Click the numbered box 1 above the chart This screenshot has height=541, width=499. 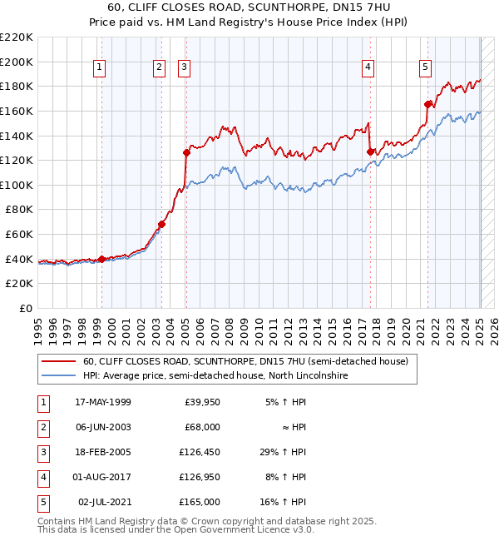[x=100, y=68]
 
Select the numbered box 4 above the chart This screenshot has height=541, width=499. [x=368, y=68]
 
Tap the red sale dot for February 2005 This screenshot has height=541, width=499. [x=187, y=152]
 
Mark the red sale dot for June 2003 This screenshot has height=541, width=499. [x=162, y=224]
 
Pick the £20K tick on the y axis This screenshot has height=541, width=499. [x=22, y=284]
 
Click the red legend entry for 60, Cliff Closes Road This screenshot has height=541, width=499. [x=245, y=362]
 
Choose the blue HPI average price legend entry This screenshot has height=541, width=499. [x=215, y=376]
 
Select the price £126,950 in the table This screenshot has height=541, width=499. [x=200, y=477]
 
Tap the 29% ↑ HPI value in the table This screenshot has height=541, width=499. [x=283, y=452]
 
